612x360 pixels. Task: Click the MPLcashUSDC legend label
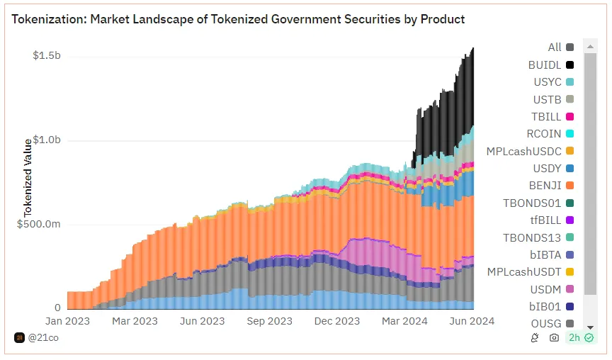(x=523, y=151)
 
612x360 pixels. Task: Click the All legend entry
(x=555, y=47)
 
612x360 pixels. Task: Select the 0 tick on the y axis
(x=57, y=308)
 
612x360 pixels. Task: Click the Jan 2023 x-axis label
(x=68, y=321)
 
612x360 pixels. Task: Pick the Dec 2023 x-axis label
(x=337, y=321)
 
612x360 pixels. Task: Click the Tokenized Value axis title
(x=28, y=177)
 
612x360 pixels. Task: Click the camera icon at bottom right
(x=554, y=338)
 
